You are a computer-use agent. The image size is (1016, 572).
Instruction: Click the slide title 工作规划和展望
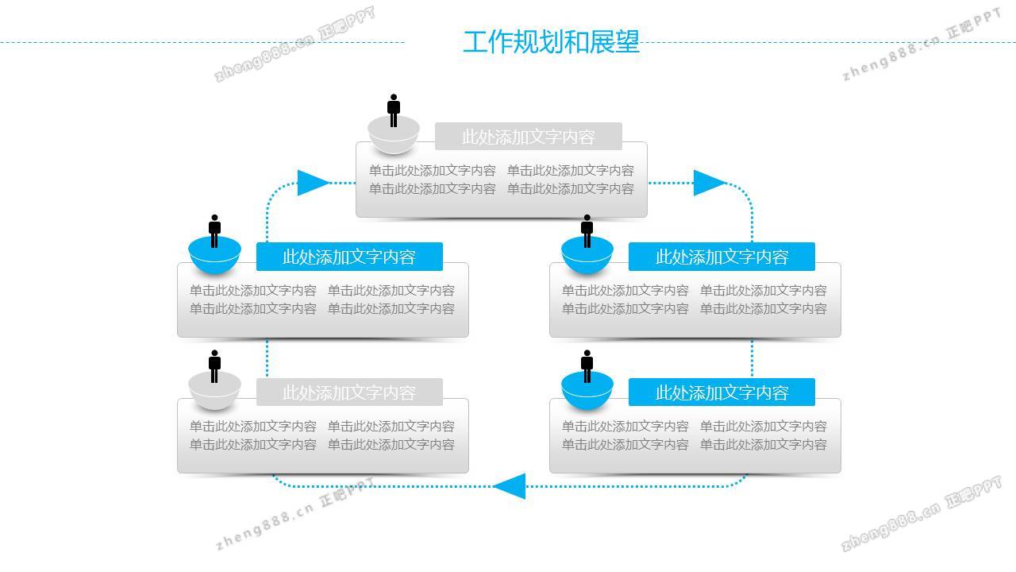[x=551, y=42]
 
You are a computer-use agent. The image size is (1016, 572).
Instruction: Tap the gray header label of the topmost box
[x=528, y=137]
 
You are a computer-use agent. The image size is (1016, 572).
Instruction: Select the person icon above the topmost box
[x=394, y=110]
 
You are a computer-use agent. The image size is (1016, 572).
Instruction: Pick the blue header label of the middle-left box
[x=349, y=257]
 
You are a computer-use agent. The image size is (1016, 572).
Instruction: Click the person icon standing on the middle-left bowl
[x=214, y=230]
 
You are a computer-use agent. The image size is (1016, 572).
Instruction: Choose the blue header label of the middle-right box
[x=722, y=257]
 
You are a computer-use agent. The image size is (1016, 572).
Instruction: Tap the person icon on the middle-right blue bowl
[x=587, y=230]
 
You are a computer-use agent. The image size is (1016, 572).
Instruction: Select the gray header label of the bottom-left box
[x=349, y=392]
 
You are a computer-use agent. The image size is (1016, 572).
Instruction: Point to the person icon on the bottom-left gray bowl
[x=214, y=365]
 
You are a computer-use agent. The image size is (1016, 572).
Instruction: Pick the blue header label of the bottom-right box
[x=722, y=392]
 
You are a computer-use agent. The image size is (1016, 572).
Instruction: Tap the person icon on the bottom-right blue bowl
[x=587, y=365]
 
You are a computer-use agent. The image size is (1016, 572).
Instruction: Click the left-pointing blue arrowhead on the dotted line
[x=510, y=485]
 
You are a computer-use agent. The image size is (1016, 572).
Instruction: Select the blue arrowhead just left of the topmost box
[x=313, y=183]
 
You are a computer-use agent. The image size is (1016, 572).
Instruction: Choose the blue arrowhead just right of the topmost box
[x=709, y=183]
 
